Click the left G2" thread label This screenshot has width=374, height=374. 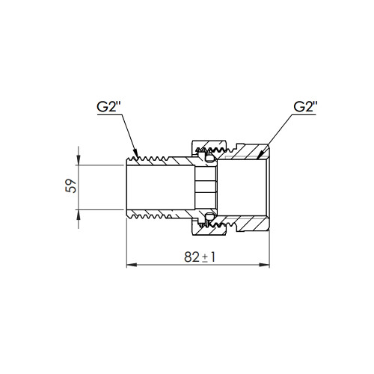(x=108, y=107)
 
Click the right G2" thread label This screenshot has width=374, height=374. (x=305, y=107)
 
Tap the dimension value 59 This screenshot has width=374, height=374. (x=71, y=186)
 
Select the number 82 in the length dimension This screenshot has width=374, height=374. (x=191, y=257)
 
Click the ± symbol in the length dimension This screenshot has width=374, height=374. (x=204, y=258)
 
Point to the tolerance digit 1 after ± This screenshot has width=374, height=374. (x=212, y=257)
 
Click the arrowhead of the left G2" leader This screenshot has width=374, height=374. (x=136, y=153)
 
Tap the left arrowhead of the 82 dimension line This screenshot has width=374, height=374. (x=132, y=265)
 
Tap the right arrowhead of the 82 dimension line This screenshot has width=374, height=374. (x=264, y=265)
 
